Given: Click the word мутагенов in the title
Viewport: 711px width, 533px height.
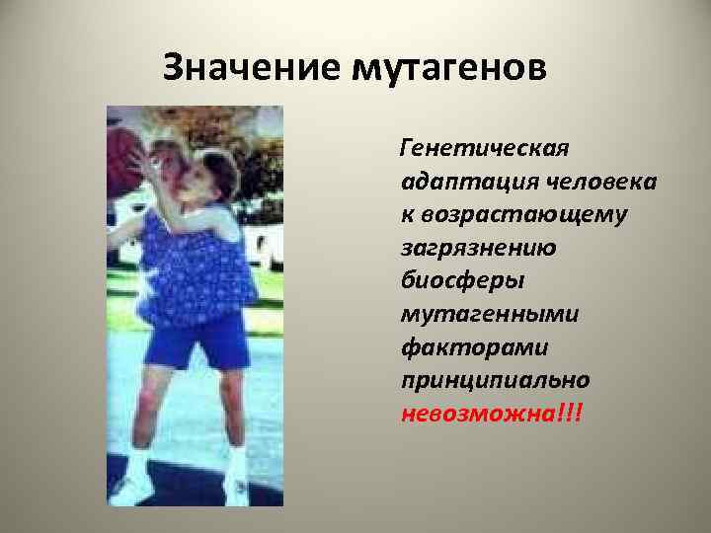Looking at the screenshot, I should click(446, 69).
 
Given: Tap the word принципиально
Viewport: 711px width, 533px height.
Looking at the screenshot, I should click(496, 379).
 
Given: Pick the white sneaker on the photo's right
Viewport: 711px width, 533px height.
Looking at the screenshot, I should click(238, 490).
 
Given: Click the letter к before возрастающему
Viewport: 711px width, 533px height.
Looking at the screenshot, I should click(406, 215).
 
